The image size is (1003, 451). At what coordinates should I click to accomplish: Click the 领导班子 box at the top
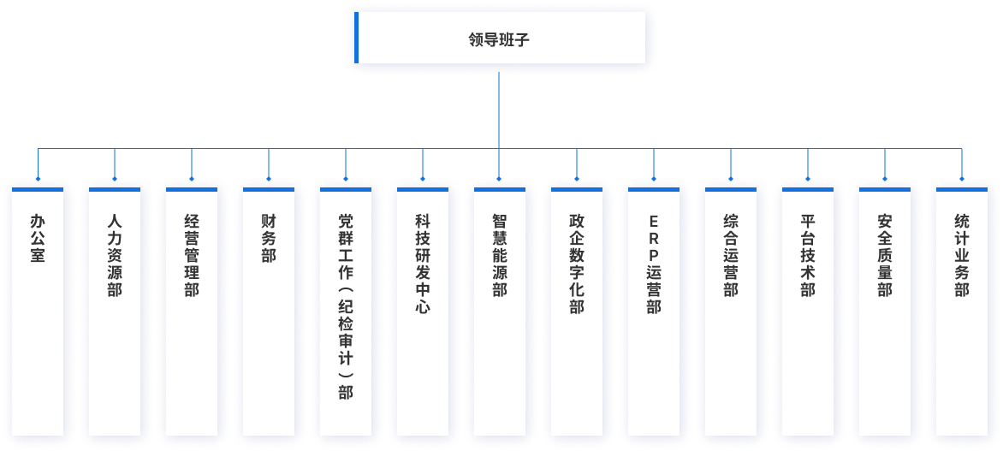[x=501, y=38]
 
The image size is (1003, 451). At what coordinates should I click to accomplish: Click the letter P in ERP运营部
[x=654, y=254]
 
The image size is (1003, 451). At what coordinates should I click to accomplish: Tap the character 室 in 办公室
[x=38, y=254]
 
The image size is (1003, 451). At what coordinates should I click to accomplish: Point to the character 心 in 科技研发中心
[x=423, y=306]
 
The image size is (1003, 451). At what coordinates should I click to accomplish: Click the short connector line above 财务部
[x=269, y=163]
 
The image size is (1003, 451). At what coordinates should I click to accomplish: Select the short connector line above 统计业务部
[x=962, y=163]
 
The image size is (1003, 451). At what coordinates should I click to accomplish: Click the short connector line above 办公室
[x=38, y=163]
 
